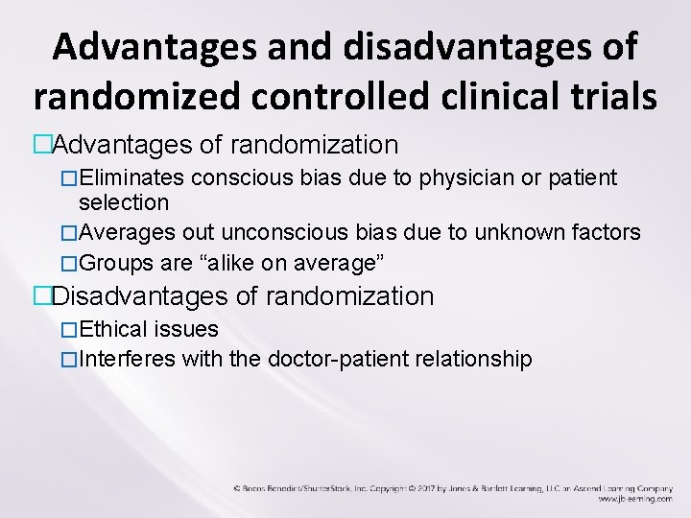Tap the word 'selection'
point(124,202)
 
